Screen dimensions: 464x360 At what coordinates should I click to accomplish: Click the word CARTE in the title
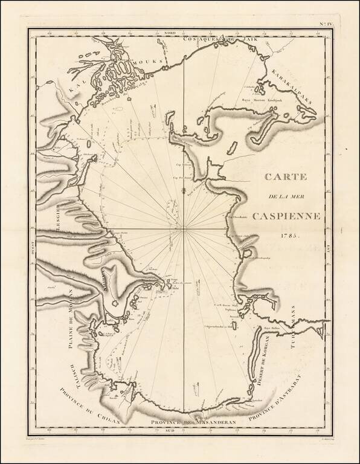pyautogui.click(x=285, y=178)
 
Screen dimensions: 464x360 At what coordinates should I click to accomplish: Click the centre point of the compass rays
pyautogui.click(x=184, y=229)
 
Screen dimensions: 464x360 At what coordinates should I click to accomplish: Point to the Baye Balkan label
pyautogui.click(x=269, y=328)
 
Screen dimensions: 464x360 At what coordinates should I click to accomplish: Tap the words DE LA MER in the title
pyautogui.click(x=284, y=198)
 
